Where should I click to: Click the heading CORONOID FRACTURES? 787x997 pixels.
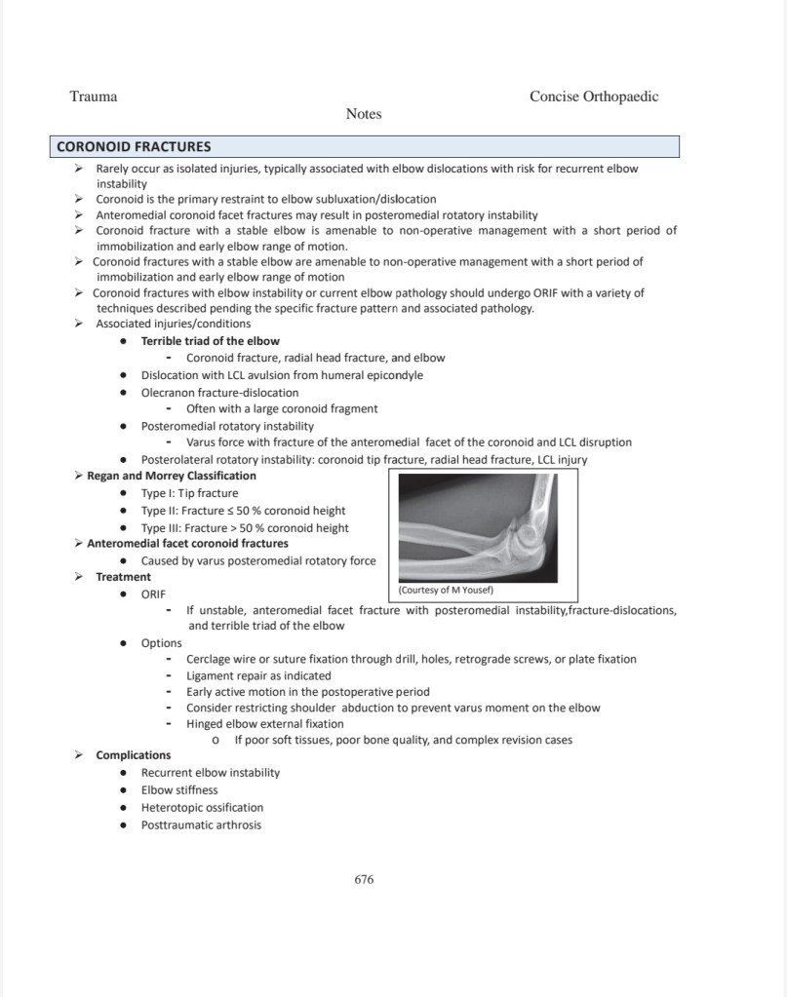point(134,147)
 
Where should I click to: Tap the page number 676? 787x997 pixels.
point(364,879)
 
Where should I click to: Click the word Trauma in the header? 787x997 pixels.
point(94,96)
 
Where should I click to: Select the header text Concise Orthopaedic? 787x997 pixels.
point(593,96)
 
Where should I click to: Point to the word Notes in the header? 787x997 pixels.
point(364,114)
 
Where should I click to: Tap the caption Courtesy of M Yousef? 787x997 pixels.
point(448,591)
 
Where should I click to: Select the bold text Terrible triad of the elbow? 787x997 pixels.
point(210,341)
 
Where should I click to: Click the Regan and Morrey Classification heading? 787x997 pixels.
point(172,476)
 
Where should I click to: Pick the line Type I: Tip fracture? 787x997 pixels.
point(189,493)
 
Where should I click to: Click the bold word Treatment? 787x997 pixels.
point(123,577)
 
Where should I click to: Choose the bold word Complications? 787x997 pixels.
point(133,755)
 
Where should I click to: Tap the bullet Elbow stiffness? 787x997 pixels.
point(179,790)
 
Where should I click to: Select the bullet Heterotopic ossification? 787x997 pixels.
point(202,808)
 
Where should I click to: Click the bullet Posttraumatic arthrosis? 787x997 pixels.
point(201,825)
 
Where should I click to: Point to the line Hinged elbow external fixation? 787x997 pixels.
point(264,724)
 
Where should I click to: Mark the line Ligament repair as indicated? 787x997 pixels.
point(258,675)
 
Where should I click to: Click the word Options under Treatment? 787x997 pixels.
point(161,643)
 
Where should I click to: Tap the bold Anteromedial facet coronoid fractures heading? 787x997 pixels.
point(187,544)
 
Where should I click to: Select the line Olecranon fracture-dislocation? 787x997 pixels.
point(219,393)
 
